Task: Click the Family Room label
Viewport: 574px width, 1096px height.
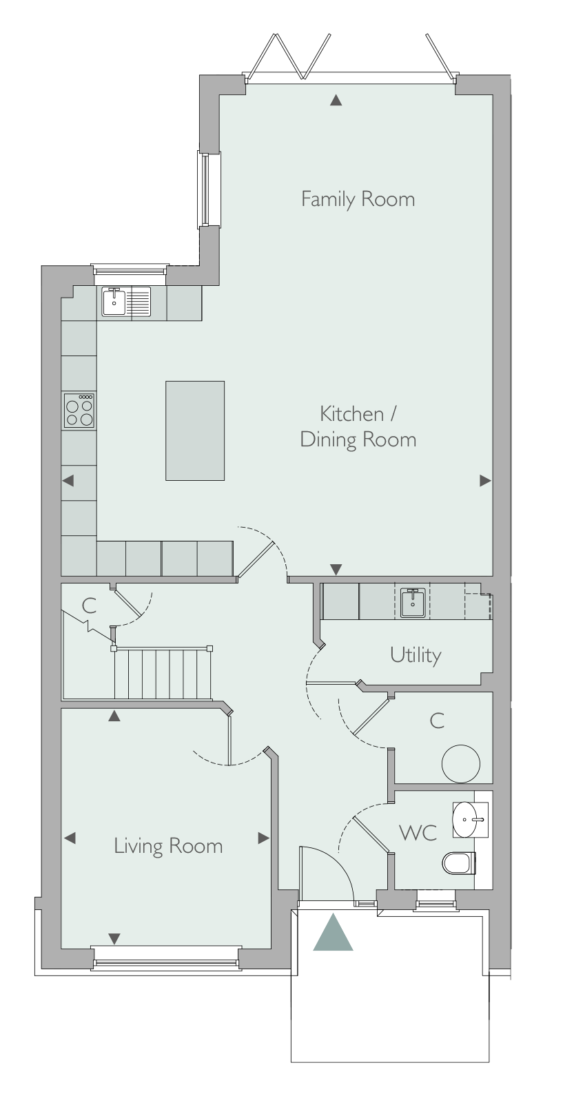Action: pos(358,199)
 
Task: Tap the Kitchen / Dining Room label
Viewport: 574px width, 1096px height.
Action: pos(358,426)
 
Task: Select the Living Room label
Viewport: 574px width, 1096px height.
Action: pos(168,847)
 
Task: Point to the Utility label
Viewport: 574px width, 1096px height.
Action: pos(416,655)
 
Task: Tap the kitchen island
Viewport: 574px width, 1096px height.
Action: pos(195,431)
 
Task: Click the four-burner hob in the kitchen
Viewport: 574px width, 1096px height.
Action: pos(79,410)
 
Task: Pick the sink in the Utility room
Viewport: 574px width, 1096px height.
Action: pos(413,603)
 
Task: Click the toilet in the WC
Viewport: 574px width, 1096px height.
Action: pos(458,863)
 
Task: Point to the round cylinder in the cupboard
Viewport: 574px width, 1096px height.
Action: pos(460,763)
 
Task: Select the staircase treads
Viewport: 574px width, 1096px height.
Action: pos(163,674)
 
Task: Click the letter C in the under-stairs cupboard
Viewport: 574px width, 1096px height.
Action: pos(89,606)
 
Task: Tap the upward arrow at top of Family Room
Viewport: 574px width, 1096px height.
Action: pos(336,101)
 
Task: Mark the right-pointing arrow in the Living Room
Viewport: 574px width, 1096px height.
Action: pos(264,838)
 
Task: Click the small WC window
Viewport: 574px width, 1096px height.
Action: pos(435,893)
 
